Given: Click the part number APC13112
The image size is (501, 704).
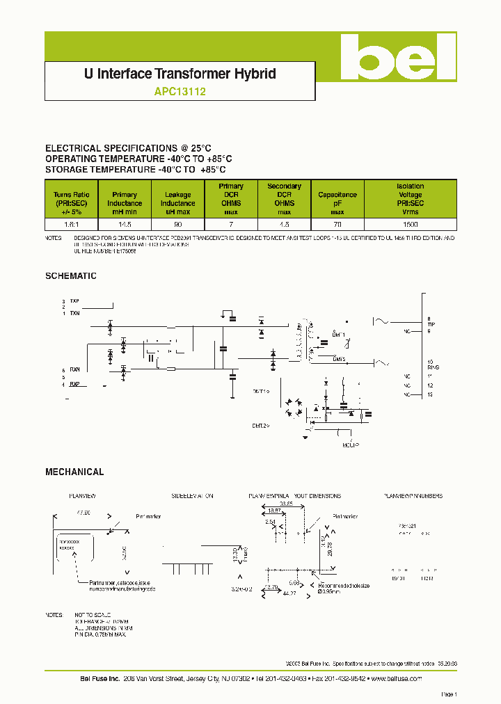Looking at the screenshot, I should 180,90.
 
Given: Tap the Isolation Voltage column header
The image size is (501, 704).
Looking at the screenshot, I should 410,199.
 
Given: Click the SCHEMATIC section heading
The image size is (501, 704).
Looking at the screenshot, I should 71,275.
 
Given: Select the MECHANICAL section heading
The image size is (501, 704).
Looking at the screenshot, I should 74,472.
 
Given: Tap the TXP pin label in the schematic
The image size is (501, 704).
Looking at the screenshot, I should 75,301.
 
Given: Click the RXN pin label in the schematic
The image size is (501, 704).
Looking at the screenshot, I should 75,369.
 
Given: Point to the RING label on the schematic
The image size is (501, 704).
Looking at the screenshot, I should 431,367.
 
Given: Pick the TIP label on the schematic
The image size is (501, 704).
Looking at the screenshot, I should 431,325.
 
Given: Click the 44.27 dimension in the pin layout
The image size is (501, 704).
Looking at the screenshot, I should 289,593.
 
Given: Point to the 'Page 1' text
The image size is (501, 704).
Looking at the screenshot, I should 448,694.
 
